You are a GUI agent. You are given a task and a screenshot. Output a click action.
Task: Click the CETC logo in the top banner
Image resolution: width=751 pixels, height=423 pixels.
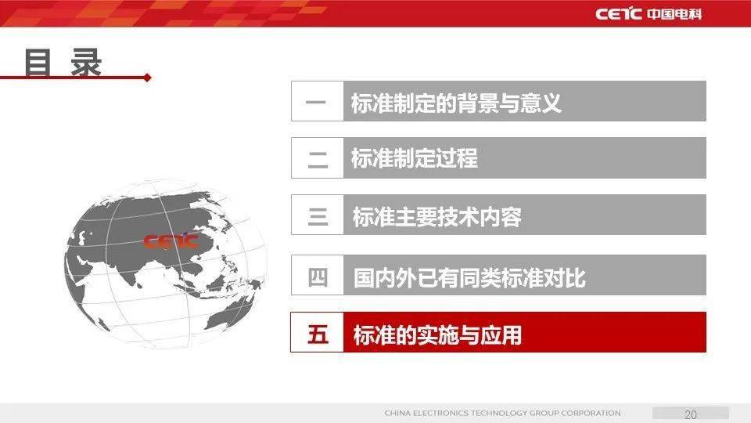[618, 14]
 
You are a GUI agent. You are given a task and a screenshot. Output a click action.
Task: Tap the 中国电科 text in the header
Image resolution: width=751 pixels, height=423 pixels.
[675, 14]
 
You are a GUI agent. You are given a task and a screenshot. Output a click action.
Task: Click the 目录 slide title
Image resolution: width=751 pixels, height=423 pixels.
[63, 62]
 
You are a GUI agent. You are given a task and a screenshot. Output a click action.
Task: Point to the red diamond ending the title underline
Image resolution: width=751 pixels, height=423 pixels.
[148, 78]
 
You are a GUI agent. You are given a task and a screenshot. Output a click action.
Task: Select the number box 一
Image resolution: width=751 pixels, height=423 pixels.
[317, 101]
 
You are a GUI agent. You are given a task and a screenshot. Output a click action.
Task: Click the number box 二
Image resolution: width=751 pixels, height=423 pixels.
[317, 157]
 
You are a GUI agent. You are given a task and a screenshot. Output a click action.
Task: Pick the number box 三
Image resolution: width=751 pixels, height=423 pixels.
[317, 215]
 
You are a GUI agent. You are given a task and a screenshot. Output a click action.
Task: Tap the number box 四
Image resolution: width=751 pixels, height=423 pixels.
[317, 275]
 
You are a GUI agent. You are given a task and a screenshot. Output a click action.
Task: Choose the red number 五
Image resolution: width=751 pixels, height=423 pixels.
[318, 334]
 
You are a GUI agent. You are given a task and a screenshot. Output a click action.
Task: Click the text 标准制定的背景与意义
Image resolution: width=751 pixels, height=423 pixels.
[456, 103]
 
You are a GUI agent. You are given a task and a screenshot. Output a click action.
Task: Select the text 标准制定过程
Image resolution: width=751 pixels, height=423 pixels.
[415, 157]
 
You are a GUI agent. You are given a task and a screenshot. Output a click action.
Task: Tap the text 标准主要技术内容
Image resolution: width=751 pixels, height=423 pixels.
[437, 216]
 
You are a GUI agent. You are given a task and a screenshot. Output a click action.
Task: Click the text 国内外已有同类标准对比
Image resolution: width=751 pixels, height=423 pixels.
[469, 277]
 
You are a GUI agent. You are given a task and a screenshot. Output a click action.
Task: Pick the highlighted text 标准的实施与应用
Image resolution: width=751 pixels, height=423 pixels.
[437, 334]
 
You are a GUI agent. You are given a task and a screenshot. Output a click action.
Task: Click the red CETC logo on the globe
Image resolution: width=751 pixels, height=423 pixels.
[171, 240]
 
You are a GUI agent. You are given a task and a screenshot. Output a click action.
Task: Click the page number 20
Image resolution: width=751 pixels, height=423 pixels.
[691, 414]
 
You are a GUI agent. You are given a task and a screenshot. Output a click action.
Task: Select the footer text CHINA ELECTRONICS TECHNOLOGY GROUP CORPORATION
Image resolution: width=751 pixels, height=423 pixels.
[502, 413]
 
